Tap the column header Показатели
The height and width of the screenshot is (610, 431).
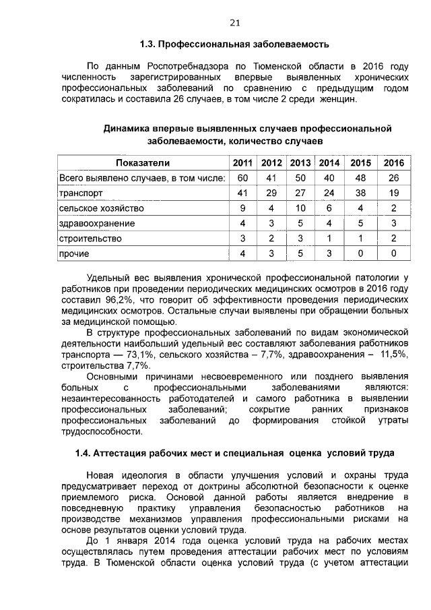pos(143,163)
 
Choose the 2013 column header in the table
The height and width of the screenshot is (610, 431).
pos(300,163)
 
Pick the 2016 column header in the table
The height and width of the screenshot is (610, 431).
pos(393,163)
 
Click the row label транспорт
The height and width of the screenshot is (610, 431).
pos(81,193)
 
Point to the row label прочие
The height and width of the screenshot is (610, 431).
pos(74,253)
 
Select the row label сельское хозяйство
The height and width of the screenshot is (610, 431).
pos(101,208)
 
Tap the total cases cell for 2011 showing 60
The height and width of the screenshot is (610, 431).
pos(242,177)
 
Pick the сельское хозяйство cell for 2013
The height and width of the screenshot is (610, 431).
pos(300,208)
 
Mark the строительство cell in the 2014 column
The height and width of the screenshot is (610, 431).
pos(329,239)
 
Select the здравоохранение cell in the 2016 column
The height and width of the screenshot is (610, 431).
pos(393,223)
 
